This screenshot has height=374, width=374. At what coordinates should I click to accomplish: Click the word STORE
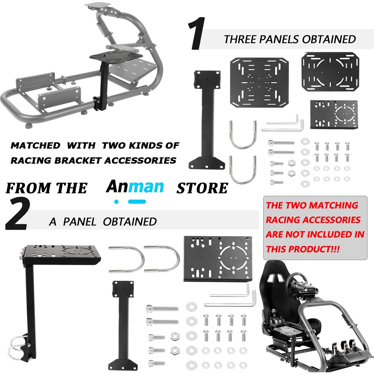tap(202, 188)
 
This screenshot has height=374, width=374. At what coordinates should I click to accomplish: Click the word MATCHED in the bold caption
tap(35, 146)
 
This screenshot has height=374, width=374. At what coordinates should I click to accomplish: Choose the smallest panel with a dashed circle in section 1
tap(334, 114)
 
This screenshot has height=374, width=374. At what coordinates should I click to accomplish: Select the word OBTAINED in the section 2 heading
tap(130, 222)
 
